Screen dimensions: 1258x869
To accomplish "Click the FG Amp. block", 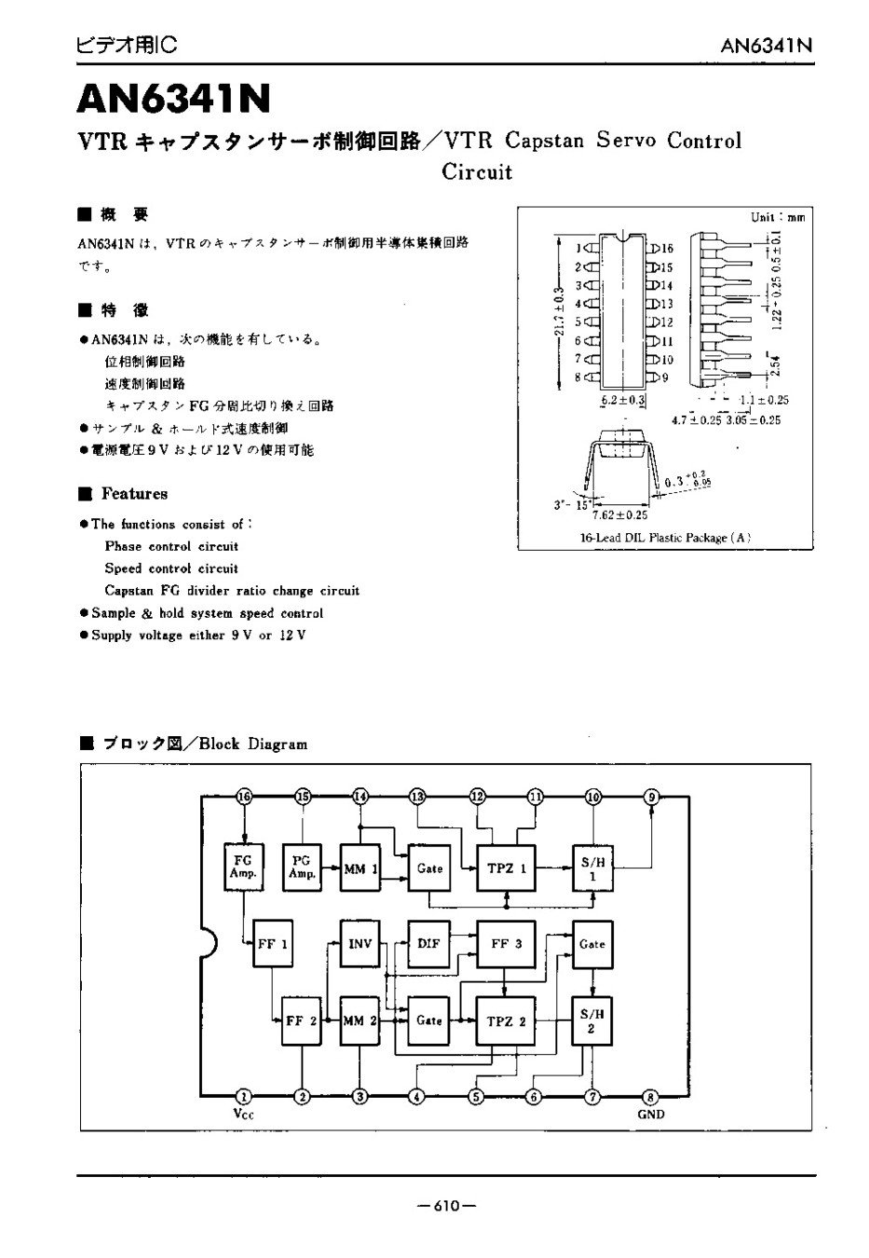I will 243,868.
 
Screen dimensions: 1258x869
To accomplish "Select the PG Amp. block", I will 302,868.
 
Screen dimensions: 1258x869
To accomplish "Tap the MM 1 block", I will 360,868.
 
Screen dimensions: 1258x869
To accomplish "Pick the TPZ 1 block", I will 507,868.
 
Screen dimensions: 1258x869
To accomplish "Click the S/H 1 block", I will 593,868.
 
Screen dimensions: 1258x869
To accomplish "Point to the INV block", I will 360,943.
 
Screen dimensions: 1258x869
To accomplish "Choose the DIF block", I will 428,943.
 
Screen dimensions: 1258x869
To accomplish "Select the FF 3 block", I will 507,943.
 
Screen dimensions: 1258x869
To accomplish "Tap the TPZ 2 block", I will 507,1021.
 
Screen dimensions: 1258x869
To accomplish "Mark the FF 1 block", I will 273,943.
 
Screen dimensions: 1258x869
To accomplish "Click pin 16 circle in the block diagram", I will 244,797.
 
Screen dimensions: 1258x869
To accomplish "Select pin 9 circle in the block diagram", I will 652,797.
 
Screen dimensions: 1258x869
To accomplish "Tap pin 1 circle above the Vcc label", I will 244,1096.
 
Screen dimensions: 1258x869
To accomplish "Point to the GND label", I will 651,1114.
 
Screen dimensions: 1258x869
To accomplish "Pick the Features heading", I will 134,494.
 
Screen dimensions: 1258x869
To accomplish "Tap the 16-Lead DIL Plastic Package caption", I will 664,538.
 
